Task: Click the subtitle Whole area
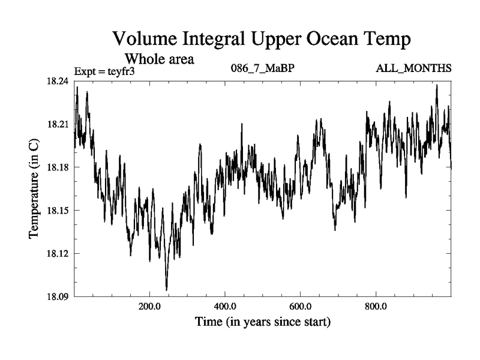coord(160,59)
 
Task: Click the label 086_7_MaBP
coord(262,68)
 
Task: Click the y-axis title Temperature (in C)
coord(35,189)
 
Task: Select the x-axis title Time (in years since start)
coord(262,322)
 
